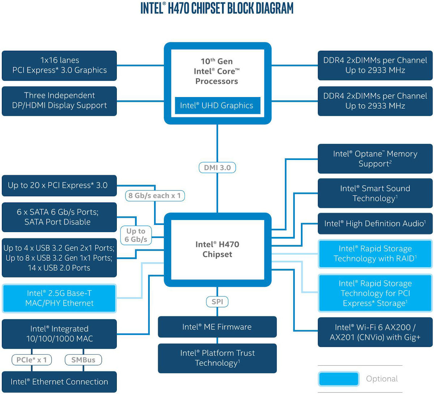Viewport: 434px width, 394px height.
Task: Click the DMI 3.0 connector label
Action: coord(217,168)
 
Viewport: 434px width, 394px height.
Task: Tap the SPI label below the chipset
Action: coord(217,301)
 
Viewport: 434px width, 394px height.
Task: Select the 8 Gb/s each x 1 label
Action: coord(155,196)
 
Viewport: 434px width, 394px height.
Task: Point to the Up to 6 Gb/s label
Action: coord(136,235)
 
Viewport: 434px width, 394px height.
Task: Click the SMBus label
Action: coord(83,360)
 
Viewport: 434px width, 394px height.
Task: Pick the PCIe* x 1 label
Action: coord(31,360)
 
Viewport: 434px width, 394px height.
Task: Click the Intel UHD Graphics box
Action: coord(217,105)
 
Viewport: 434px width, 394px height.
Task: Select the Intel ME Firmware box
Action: coord(217,327)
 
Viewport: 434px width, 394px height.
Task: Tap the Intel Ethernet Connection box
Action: coord(59,382)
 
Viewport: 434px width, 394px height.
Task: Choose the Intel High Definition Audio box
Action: coord(375,223)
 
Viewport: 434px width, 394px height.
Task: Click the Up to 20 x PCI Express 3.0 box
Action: coord(59,185)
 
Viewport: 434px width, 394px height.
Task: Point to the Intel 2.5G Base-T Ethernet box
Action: coord(59,298)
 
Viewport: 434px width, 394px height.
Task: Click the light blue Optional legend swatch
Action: coord(339,379)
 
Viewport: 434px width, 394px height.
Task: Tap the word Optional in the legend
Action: coord(382,379)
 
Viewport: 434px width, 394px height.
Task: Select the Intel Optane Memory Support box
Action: coord(375,159)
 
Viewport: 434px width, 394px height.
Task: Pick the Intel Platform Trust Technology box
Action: coord(217,358)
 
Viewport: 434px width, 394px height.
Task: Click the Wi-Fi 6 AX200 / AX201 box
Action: coord(375,332)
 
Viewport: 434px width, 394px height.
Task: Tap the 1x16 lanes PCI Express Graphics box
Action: coord(59,66)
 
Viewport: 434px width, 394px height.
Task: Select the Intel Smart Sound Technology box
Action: coord(375,193)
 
